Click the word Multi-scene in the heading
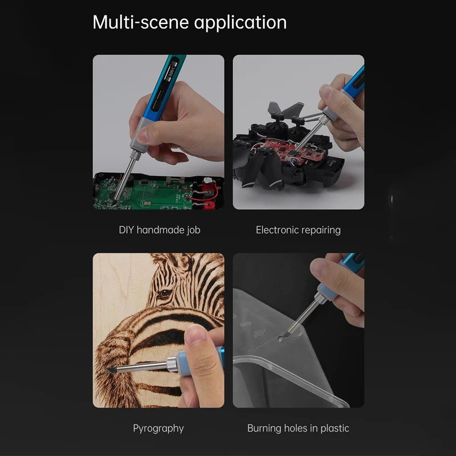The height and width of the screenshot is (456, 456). (140, 22)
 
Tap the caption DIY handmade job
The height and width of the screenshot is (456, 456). (160, 230)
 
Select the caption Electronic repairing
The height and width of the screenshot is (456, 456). (298, 230)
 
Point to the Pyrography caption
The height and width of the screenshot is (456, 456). (158, 429)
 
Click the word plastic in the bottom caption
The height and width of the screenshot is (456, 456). (335, 429)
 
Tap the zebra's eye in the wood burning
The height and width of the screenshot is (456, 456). (165, 293)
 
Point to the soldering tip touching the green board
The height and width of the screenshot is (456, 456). (115, 201)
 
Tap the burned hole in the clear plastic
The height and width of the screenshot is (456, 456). (280, 339)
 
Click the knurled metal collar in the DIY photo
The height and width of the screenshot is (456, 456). (135, 154)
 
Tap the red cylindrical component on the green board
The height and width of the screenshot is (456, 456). (208, 183)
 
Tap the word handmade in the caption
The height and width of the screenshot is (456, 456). (160, 230)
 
